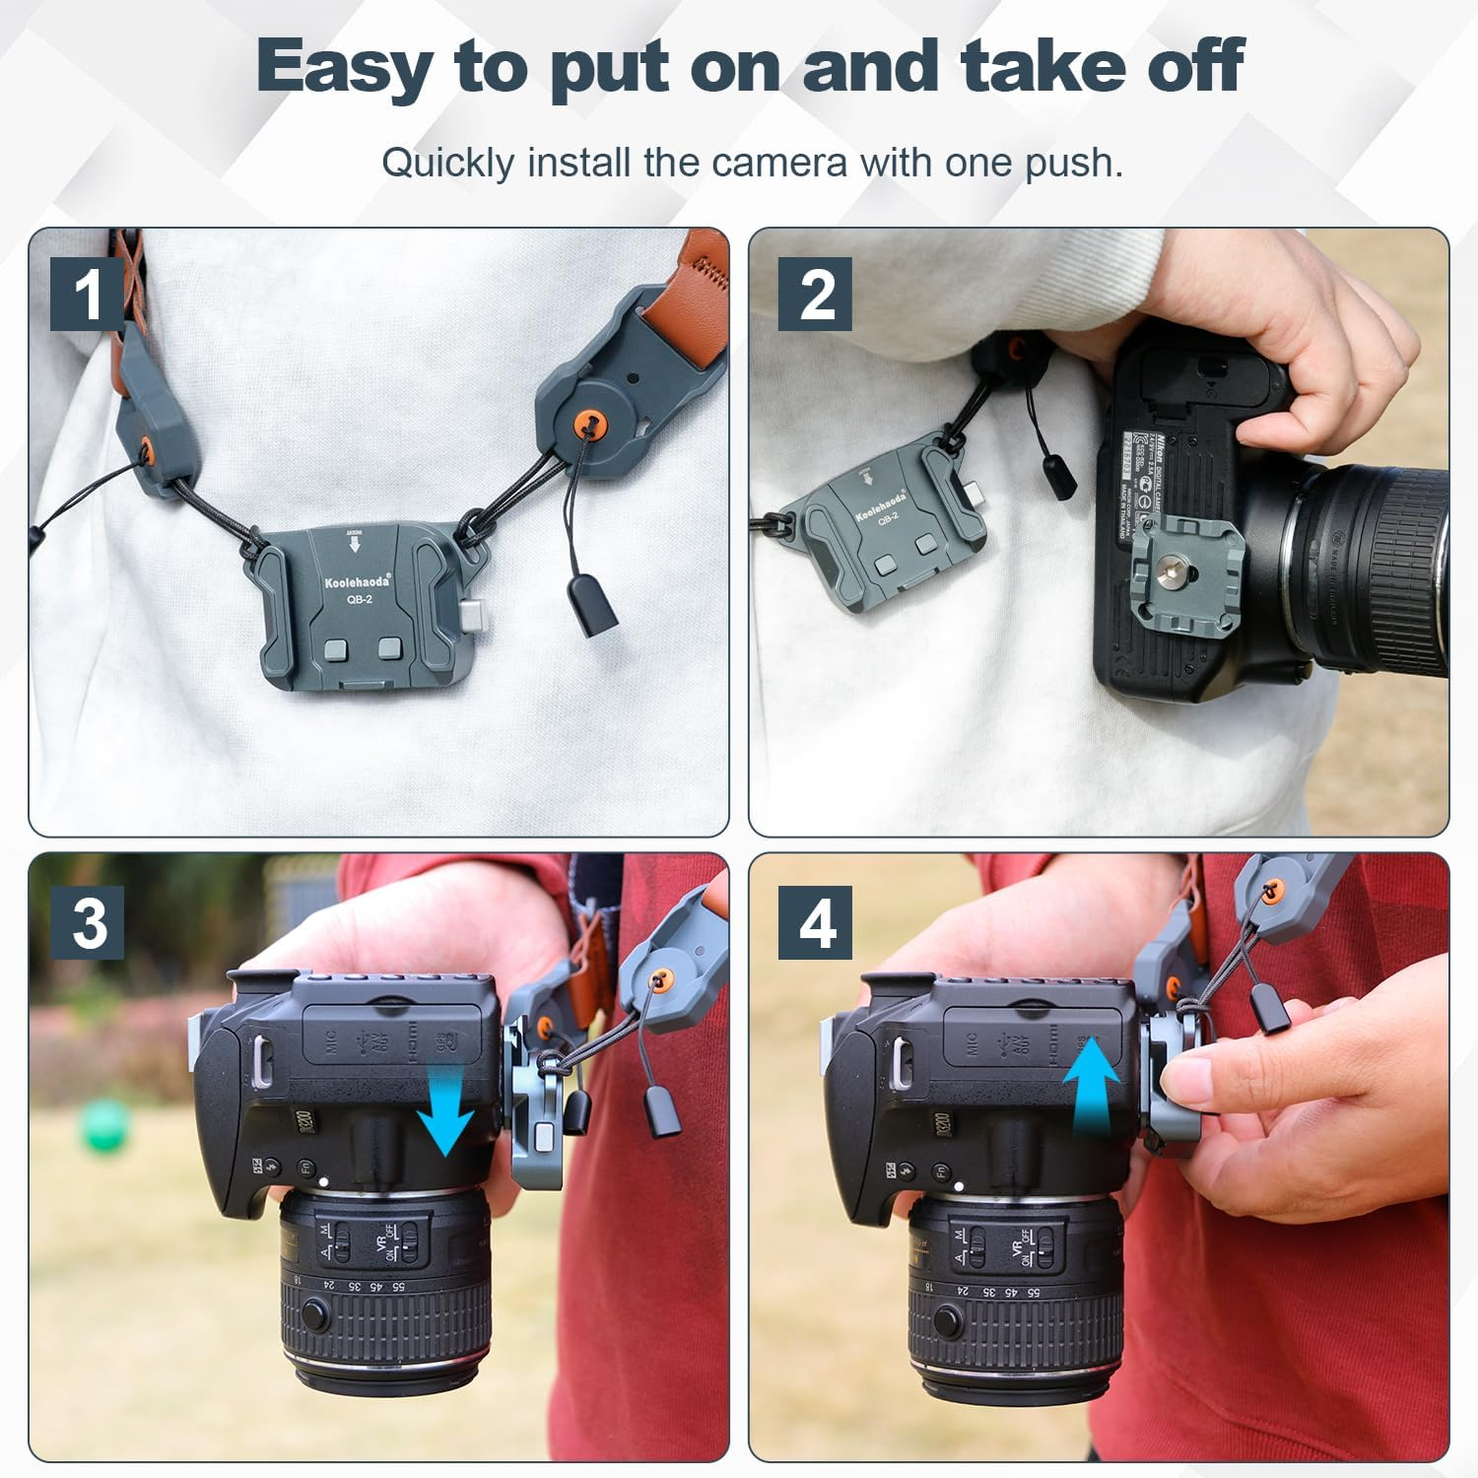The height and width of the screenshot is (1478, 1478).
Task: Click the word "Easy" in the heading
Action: click(344, 67)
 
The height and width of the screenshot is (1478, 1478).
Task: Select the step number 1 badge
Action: click(88, 294)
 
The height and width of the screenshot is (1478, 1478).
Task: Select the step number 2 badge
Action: click(815, 294)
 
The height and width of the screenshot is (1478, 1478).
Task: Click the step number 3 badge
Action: click(89, 923)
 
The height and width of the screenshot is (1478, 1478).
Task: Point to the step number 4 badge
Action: click(815, 923)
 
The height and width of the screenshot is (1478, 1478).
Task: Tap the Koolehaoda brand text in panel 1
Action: click(357, 581)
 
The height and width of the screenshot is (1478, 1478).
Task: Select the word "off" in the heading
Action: click(1194, 67)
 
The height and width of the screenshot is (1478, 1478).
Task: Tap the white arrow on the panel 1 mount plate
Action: click(354, 543)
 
